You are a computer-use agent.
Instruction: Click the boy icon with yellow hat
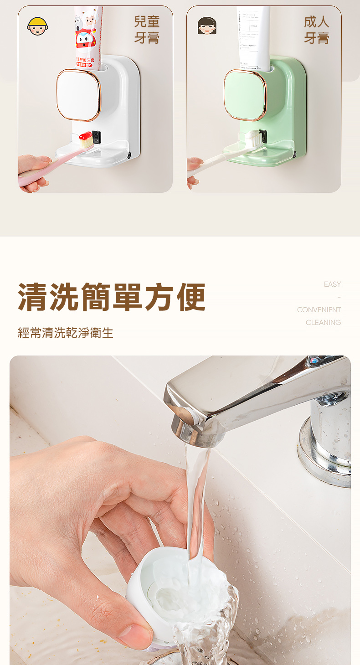37,26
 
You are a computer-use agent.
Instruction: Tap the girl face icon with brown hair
207,26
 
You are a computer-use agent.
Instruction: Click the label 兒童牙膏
147,30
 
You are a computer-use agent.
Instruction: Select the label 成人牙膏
317,30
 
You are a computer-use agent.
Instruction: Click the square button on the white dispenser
78,95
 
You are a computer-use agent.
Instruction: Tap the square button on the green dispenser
245,95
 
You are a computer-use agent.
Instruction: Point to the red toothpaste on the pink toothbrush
85,136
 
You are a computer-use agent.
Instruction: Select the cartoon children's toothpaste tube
88,36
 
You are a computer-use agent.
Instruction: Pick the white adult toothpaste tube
252,36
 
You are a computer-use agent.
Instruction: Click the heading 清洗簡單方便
112,297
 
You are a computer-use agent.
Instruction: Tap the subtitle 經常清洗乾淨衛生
66,333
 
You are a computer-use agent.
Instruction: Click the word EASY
332,284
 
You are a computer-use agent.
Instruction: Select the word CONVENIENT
319,310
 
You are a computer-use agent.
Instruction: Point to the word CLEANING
323,323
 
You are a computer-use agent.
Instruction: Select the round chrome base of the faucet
324,456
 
